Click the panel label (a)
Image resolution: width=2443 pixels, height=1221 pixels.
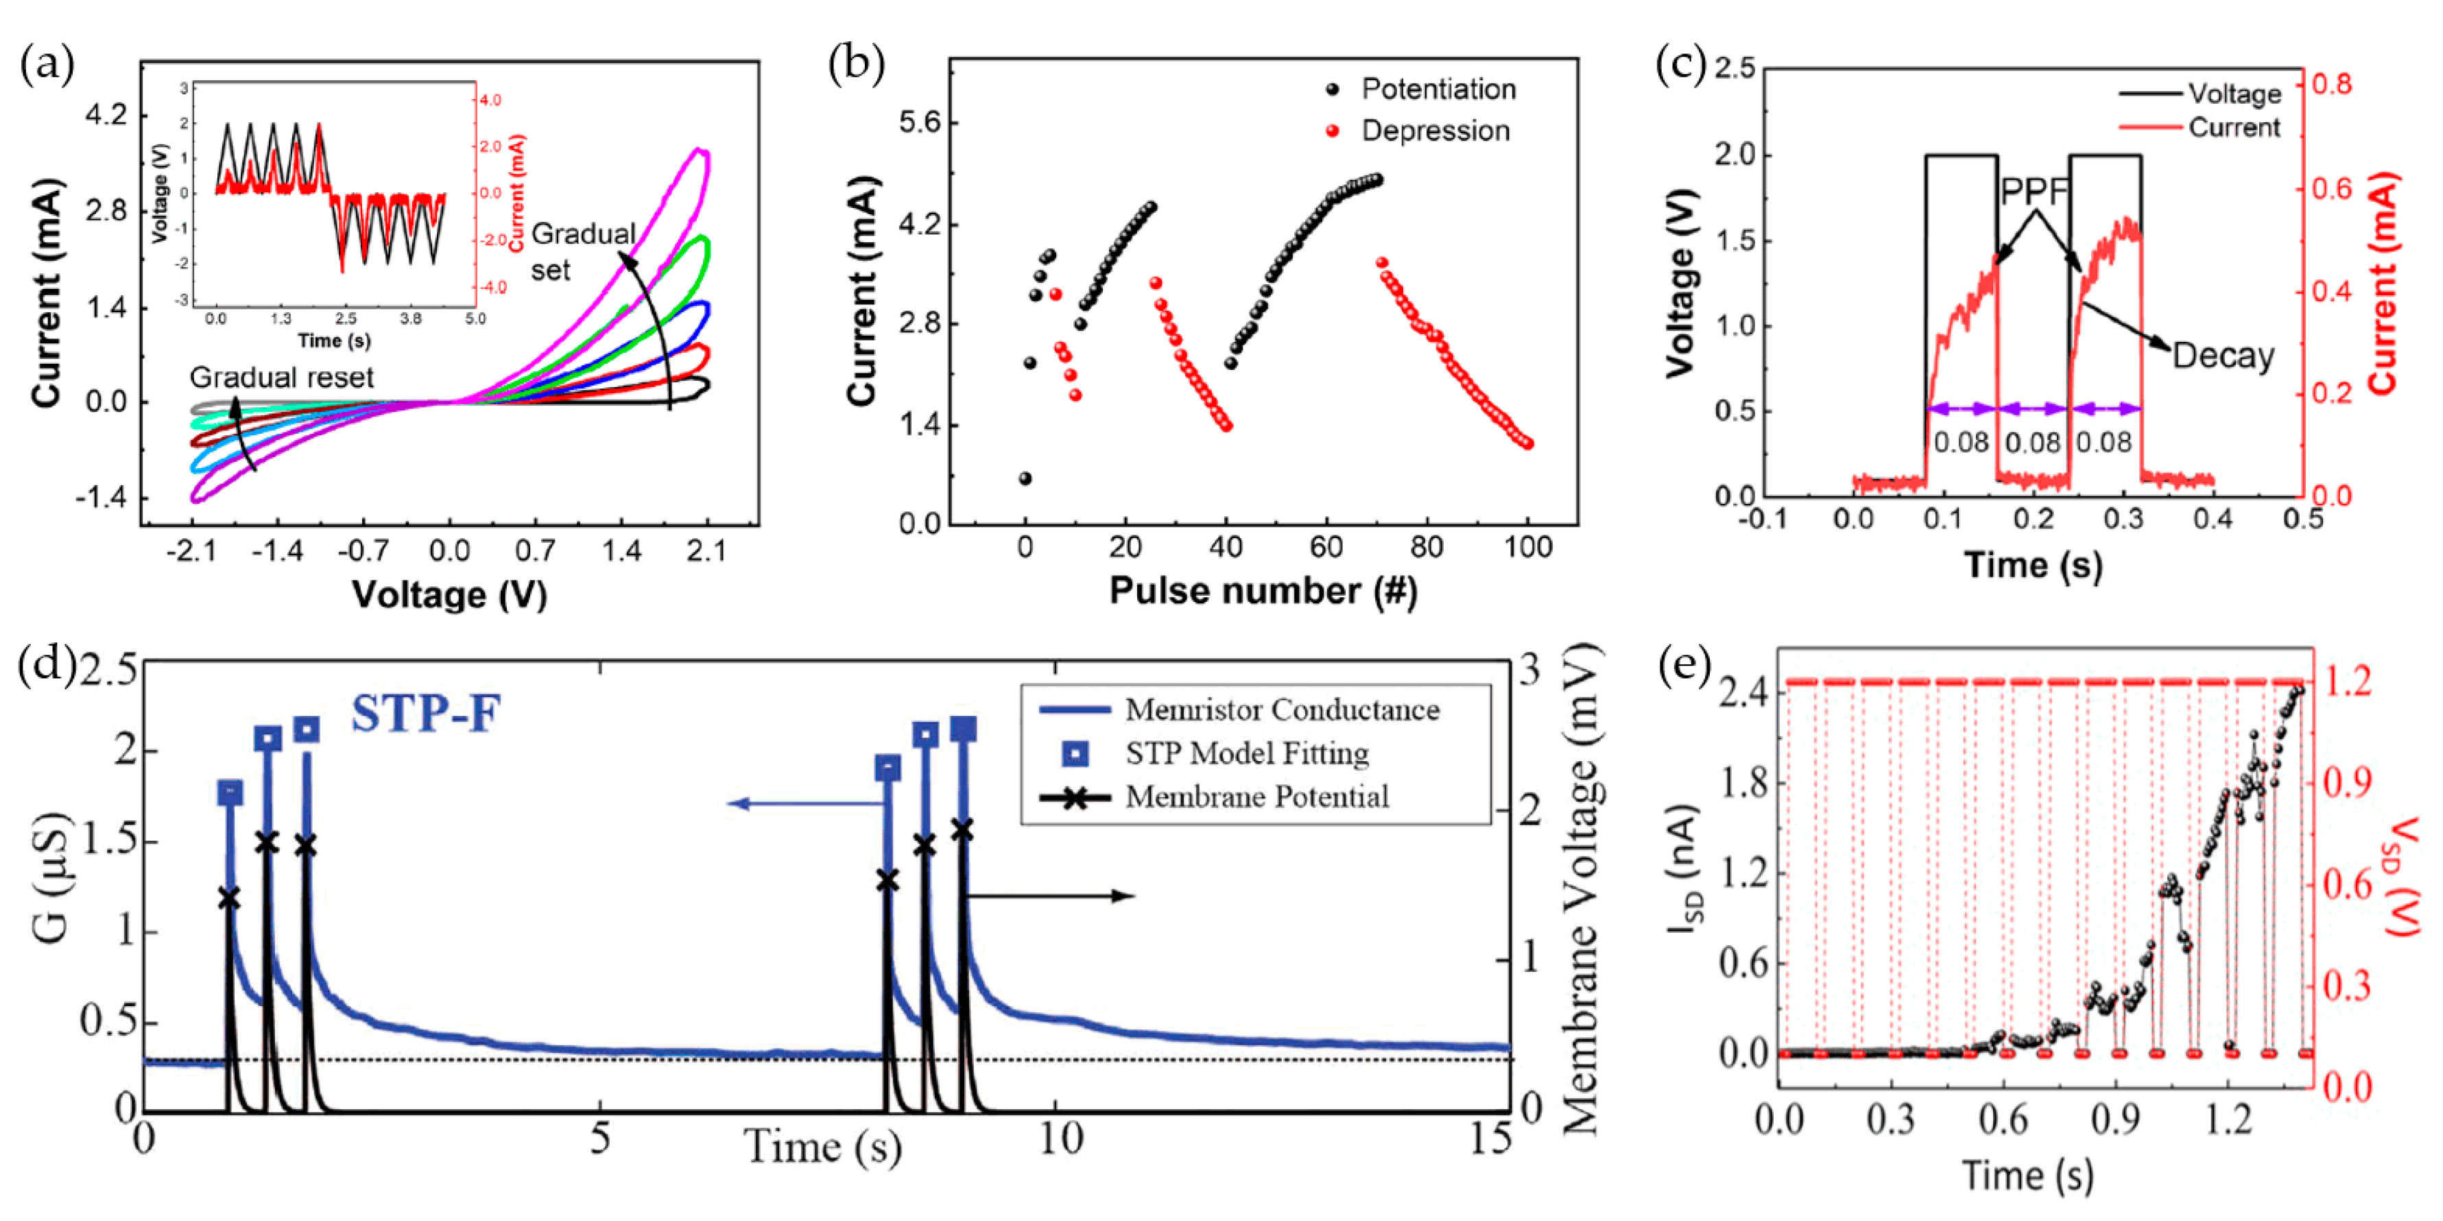coord(47,67)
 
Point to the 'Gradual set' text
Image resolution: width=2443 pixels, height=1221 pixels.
coord(580,251)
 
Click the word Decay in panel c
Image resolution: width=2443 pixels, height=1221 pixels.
coord(2222,356)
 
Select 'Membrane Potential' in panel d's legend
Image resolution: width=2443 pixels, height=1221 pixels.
coord(1256,797)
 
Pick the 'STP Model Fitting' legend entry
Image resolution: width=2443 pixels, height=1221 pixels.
coord(1246,754)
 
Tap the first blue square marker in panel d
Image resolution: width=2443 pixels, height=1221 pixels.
coord(230,792)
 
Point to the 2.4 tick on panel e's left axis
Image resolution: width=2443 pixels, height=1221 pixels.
coord(1743,693)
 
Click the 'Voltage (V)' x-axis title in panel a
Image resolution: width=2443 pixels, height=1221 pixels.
coord(449,595)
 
